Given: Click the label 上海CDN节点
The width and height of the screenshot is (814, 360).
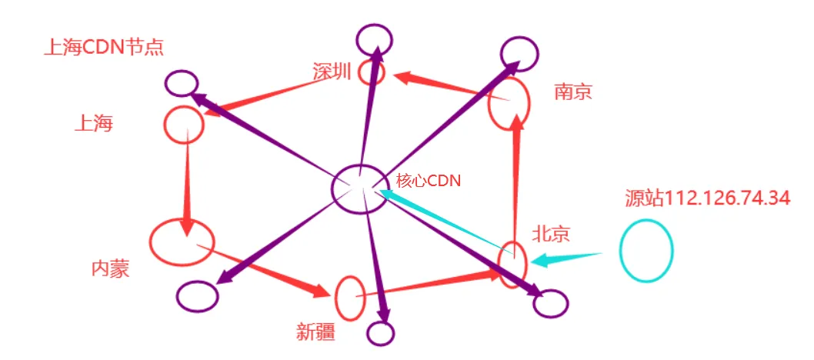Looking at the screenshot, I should (x=105, y=48).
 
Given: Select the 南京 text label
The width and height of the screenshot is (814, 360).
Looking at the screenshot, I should (x=573, y=92).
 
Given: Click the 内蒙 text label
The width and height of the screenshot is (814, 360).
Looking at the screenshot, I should (x=110, y=268).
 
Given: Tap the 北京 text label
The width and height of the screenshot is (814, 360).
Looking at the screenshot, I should (x=550, y=233).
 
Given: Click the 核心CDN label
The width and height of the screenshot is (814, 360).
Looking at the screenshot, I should (x=428, y=181).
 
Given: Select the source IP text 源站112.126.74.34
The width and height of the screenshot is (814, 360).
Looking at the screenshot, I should (x=707, y=198).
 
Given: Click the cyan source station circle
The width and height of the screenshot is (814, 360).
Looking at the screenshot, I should (x=646, y=251).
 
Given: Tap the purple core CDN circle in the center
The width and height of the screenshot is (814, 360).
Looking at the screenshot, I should (x=359, y=188).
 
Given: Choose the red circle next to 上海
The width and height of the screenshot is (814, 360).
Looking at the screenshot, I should (x=184, y=124).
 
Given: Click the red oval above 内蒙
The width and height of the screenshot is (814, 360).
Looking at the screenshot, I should (x=182, y=242).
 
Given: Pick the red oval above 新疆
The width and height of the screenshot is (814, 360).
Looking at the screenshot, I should (x=350, y=298).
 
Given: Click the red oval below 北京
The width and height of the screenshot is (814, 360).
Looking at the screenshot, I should (x=512, y=265).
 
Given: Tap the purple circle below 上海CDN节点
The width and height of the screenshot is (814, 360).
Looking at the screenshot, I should (x=182, y=83).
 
